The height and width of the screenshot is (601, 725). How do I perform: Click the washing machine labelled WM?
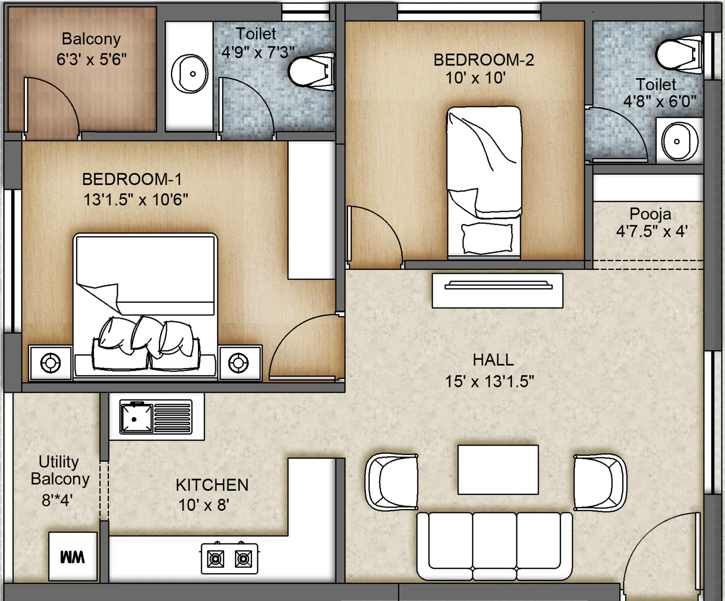click(x=72, y=556)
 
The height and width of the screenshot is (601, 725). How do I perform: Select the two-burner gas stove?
click(x=230, y=558)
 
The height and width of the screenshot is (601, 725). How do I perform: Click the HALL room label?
click(x=493, y=360)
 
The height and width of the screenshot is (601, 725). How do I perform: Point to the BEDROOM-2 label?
click(x=484, y=60)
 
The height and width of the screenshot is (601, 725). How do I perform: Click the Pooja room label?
click(x=650, y=214)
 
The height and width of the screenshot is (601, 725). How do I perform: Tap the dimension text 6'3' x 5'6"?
click(x=92, y=59)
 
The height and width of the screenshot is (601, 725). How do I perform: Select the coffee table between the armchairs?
click(x=498, y=470)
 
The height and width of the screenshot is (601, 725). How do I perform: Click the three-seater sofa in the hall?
click(x=495, y=546)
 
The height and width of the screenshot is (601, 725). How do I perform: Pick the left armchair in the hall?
click(x=392, y=482)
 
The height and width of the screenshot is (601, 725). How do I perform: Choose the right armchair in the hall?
click(x=600, y=482)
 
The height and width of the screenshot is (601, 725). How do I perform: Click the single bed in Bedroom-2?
click(x=484, y=182)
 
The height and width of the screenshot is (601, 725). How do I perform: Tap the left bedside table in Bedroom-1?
click(x=50, y=363)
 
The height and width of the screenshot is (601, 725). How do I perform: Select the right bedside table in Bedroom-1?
click(x=239, y=363)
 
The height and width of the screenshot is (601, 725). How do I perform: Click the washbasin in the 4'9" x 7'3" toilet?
click(x=189, y=74)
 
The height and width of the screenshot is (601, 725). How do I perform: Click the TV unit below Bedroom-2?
click(x=498, y=290)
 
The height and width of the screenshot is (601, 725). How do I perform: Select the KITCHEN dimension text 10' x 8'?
click(x=203, y=505)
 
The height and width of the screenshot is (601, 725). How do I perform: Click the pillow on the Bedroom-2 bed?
click(x=487, y=238)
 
